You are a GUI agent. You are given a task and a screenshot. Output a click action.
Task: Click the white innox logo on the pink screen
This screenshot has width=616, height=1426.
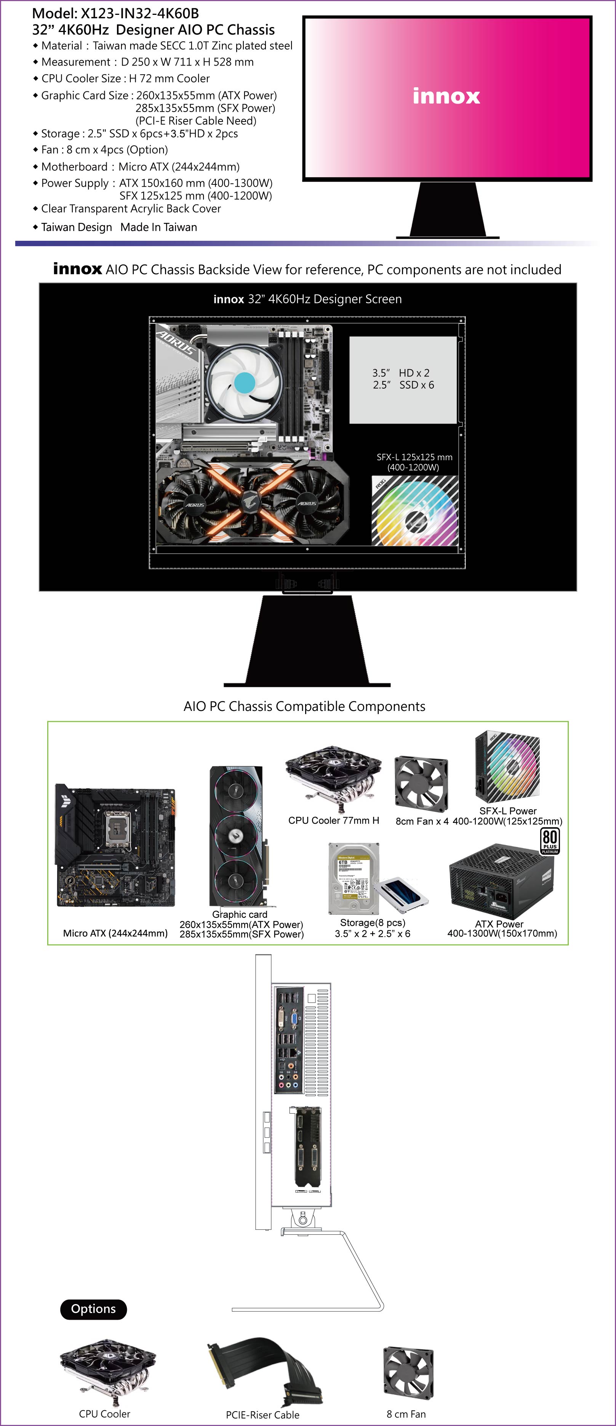pyautogui.click(x=446, y=96)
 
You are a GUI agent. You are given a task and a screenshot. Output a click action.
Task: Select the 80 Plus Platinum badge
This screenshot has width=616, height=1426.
pyautogui.click(x=550, y=841)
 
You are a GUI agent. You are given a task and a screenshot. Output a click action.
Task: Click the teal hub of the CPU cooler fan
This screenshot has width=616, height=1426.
pyautogui.click(x=245, y=382)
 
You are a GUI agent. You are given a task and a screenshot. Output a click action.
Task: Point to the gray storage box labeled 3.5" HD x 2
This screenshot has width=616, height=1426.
pyautogui.click(x=403, y=380)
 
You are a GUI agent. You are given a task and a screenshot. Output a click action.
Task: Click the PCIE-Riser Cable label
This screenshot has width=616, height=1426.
pyautogui.click(x=262, y=1415)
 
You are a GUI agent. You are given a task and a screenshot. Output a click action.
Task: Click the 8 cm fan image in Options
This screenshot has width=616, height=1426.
pyautogui.click(x=408, y=1372)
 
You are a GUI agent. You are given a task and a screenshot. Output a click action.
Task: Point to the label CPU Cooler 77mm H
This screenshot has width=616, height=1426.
pyautogui.click(x=334, y=820)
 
